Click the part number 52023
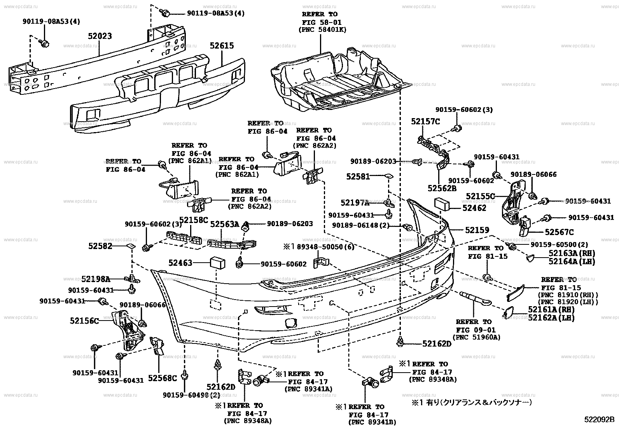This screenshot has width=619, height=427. (x=100, y=36)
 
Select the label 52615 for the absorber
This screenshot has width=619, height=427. (x=222, y=46)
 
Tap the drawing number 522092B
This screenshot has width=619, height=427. (x=599, y=420)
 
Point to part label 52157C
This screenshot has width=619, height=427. (x=425, y=122)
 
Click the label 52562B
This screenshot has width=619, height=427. (x=442, y=188)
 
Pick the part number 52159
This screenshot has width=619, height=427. (x=477, y=230)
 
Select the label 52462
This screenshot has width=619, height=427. (x=474, y=208)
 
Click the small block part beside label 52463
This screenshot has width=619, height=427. (x=218, y=263)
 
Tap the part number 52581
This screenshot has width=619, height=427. (x=358, y=176)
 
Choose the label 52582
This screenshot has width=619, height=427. (x=100, y=246)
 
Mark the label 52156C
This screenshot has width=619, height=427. (x=84, y=321)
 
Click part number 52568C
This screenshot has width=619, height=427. (x=163, y=378)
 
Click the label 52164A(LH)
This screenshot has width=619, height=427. (x=572, y=261)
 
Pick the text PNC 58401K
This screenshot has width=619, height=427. (x=322, y=30)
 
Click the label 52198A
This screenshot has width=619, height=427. (x=96, y=279)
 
